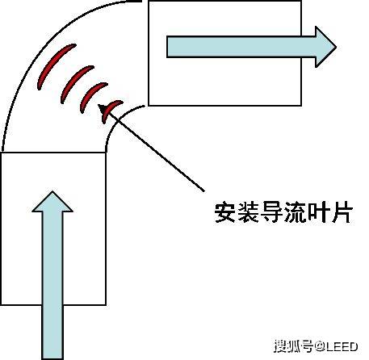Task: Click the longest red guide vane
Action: (x=54, y=65)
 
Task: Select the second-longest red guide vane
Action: (x=75, y=82)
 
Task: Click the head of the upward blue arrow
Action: (x=52, y=202)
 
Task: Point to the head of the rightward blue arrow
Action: (x=325, y=47)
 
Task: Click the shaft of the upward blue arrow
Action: (x=52, y=285)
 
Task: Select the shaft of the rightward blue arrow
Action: (x=241, y=47)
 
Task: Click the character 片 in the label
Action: (x=342, y=212)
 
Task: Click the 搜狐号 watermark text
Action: (x=293, y=346)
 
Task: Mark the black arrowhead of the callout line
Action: (x=103, y=109)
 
